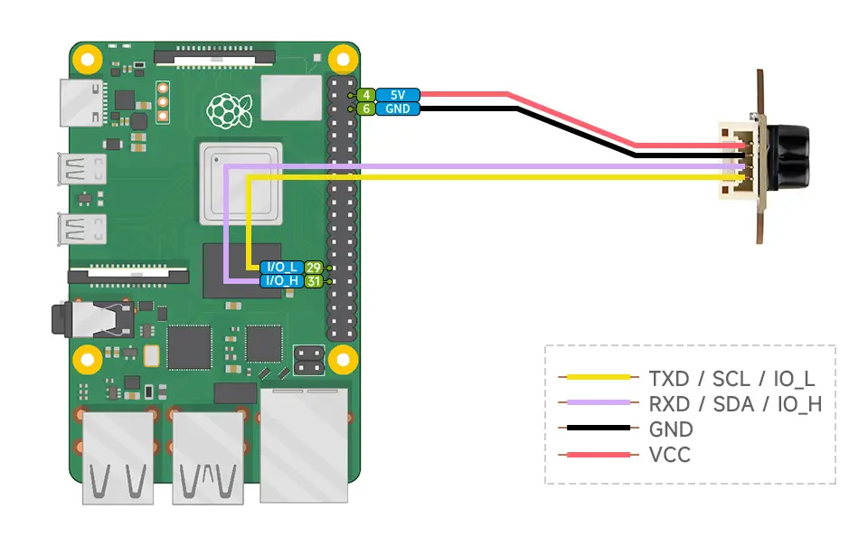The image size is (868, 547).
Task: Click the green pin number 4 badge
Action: pyautogui.click(x=366, y=95)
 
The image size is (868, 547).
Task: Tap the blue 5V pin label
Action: pyautogui.click(x=398, y=95)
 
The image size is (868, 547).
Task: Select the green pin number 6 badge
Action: pyautogui.click(x=366, y=109)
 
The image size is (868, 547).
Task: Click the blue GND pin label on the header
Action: pyautogui.click(x=398, y=109)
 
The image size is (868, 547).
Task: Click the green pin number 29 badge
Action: pyautogui.click(x=314, y=268)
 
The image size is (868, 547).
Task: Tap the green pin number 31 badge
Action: pyautogui.click(x=314, y=281)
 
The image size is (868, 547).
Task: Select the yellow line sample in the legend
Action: pyautogui.click(x=595, y=377)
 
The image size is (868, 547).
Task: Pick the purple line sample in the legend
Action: pyautogui.click(x=595, y=403)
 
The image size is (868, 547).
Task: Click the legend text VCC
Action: pyautogui.click(x=669, y=455)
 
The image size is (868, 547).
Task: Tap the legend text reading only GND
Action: pyautogui.click(x=671, y=429)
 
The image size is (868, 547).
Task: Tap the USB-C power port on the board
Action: pyautogui.click(x=82, y=102)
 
